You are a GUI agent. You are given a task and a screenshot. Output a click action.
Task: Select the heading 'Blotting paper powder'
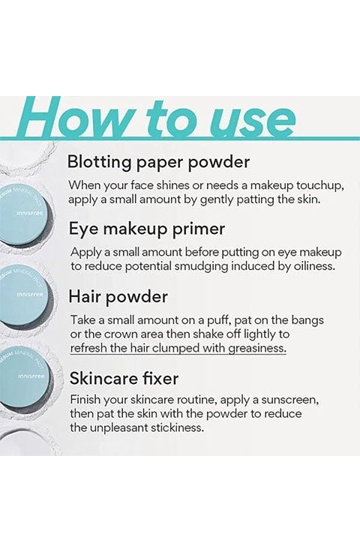[158, 163]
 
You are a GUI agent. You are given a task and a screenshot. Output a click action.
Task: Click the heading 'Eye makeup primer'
[147, 230]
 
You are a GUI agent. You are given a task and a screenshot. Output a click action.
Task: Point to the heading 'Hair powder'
[118, 297]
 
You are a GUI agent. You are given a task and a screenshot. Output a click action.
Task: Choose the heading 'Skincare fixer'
[124, 379]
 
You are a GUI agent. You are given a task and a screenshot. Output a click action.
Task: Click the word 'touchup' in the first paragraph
[319, 185]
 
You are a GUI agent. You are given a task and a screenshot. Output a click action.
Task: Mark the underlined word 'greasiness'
[257, 349]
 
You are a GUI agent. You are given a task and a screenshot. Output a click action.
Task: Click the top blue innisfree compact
[23, 214]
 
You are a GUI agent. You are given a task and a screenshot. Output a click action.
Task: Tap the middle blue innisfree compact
[23, 295]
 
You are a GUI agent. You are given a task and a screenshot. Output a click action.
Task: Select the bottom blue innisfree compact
[23, 376]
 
